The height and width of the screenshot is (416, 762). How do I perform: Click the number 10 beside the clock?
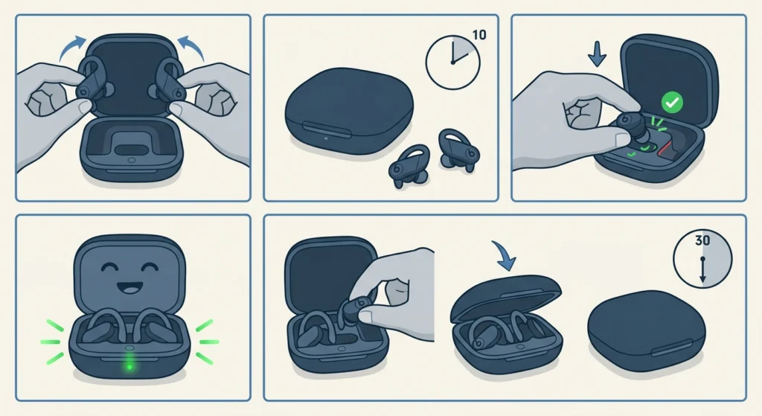tap(479, 34)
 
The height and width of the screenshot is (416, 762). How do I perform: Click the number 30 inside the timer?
tap(702, 241)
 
